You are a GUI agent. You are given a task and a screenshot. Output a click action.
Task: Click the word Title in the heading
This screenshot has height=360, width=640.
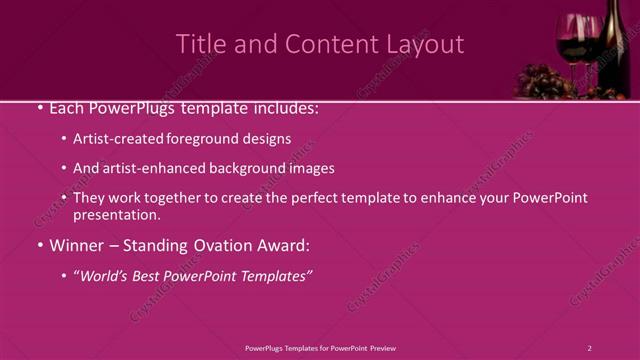pos(199,44)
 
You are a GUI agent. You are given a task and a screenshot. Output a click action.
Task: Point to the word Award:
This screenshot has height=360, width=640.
pos(283,246)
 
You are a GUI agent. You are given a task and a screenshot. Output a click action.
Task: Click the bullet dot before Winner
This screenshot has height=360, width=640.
pos(39,246)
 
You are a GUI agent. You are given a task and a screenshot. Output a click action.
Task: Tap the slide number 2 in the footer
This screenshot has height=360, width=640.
pos(589,348)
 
